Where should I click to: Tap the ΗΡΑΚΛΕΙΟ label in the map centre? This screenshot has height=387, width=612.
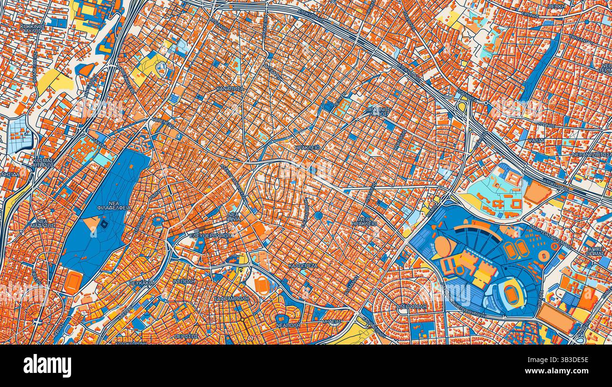click(x=307, y=148)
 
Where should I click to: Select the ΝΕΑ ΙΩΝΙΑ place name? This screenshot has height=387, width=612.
click(x=234, y=216)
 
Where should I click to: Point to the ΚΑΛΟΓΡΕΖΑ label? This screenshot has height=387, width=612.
click(x=303, y=266)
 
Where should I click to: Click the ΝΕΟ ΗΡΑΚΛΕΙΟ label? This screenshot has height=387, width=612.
click(x=364, y=221)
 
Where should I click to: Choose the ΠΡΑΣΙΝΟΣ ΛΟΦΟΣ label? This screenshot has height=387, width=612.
click(x=378, y=111)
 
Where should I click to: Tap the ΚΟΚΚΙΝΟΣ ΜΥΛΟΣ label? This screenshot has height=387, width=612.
click(x=32, y=30)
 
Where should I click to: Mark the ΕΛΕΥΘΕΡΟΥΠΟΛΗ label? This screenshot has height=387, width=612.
click(x=211, y=235)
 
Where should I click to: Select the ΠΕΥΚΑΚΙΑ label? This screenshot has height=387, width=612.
click(x=141, y=283)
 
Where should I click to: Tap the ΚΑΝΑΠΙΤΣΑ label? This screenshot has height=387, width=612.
click(x=230, y=89)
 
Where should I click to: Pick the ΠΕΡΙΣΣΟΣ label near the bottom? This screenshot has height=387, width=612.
click(x=186, y=337)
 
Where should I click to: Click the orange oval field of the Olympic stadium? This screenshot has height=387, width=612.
click(x=510, y=292)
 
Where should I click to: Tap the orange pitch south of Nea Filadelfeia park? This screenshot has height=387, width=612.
click(x=73, y=281)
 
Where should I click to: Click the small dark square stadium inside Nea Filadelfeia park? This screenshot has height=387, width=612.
click(x=104, y=224)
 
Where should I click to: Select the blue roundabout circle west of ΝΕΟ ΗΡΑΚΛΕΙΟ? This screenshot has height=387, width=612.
click(x=318, y=215)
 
